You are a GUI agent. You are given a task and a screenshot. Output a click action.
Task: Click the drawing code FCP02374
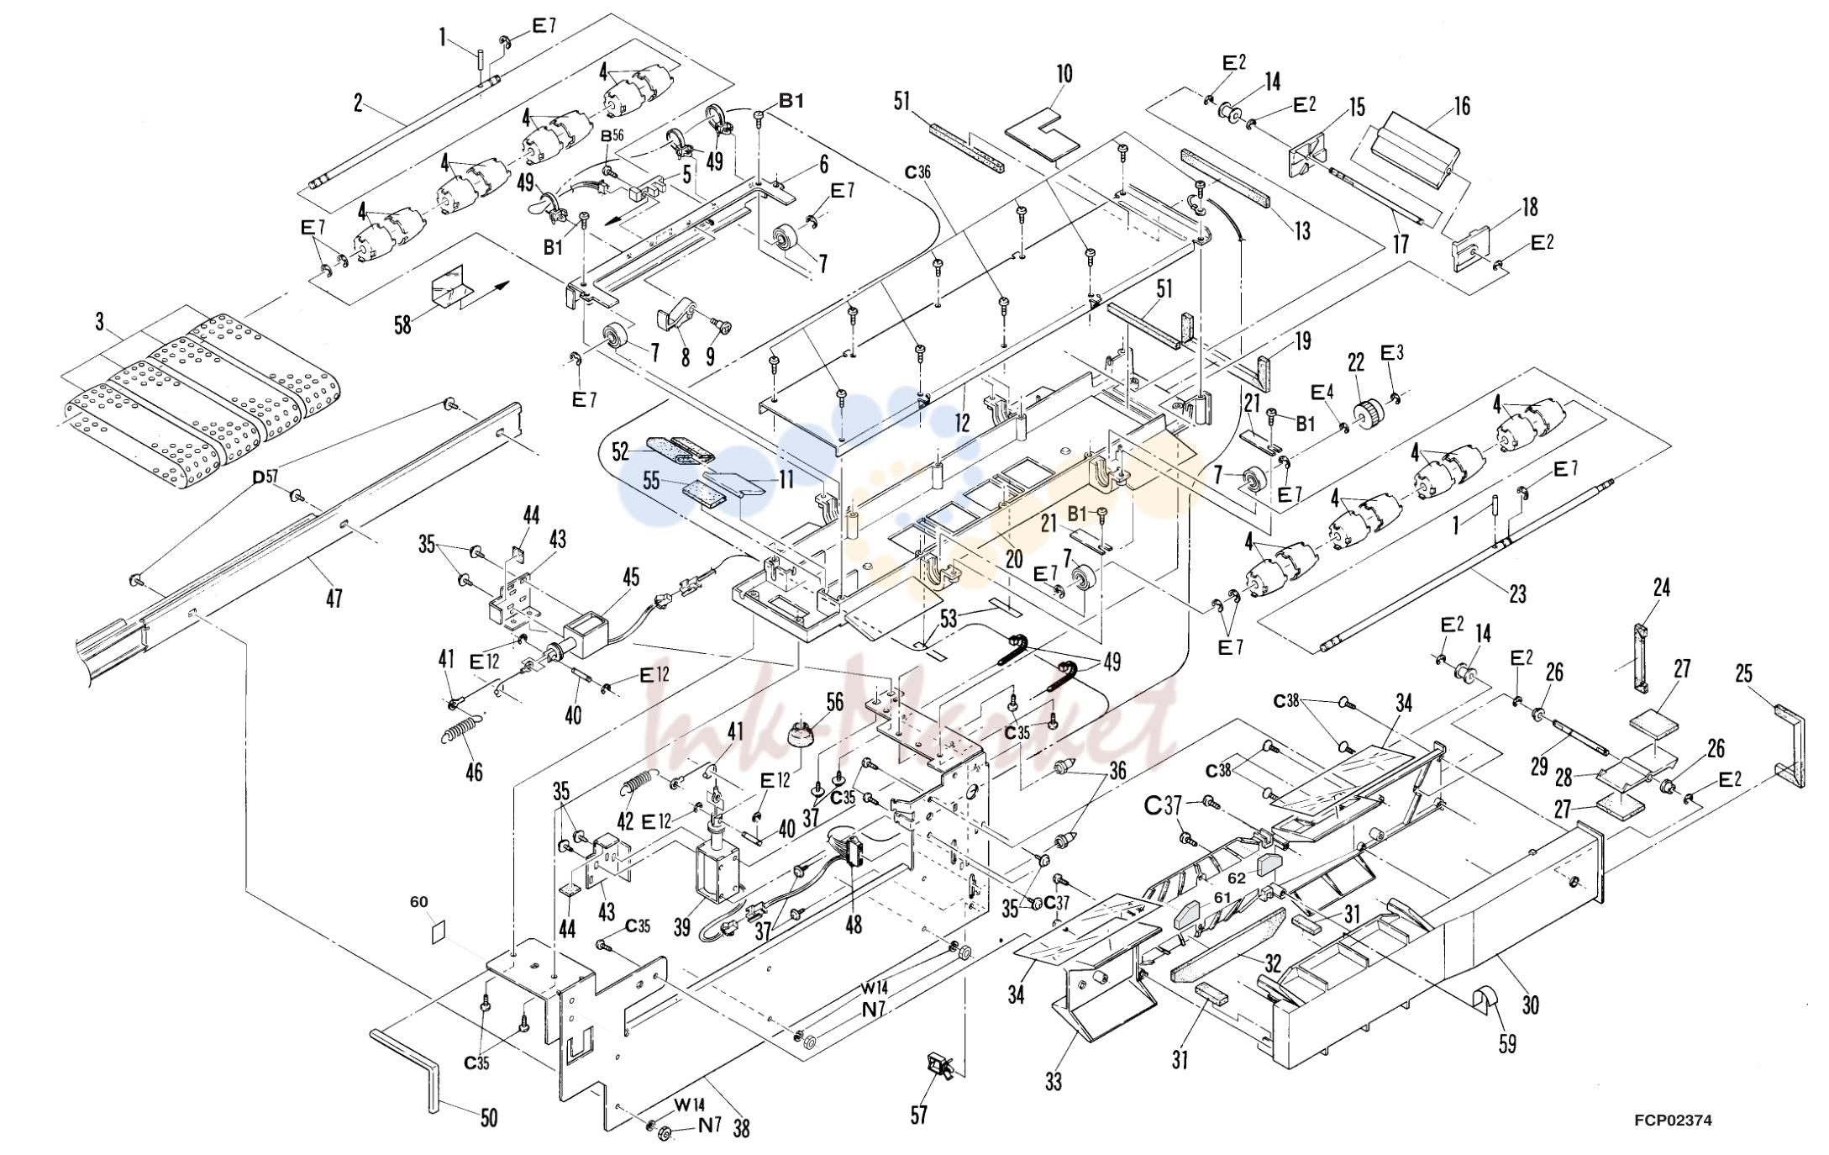1673,1120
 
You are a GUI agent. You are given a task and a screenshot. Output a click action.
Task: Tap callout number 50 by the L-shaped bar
488,1117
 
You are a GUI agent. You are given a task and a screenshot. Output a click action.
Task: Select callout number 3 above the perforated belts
100,322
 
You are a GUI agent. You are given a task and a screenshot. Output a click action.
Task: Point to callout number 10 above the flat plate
1064,74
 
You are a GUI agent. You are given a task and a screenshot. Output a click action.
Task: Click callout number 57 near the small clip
919,1115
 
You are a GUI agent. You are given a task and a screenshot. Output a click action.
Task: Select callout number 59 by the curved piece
1508,1043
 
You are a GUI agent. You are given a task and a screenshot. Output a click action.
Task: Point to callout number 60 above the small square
418,902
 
